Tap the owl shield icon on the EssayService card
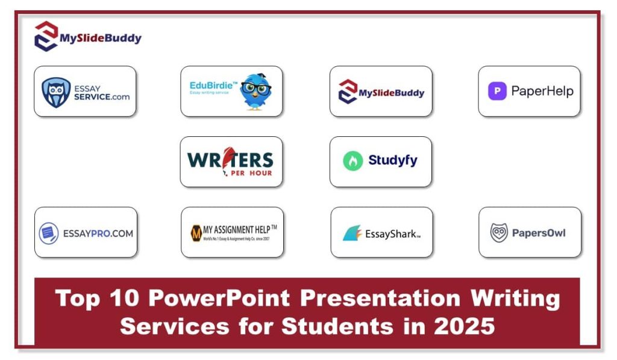(56, 92)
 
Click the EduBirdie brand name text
(213, 86)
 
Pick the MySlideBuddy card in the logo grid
(381, 92)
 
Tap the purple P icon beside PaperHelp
(497, 92)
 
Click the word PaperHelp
(542, 92)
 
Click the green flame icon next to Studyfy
(352, 161)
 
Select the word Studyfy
(392, 160)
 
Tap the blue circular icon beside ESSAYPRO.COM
(49, 233)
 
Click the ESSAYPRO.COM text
(98, 233)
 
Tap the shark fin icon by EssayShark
(352, 233)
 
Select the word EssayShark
(390, 234)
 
